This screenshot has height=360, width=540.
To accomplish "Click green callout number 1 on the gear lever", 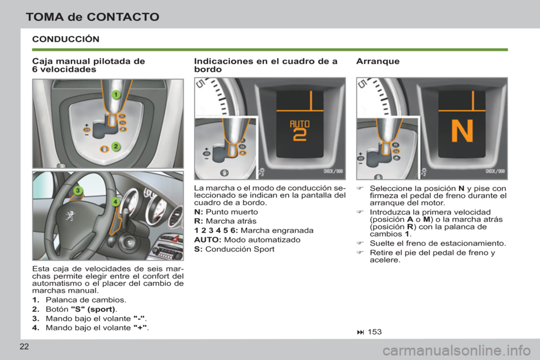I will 115,94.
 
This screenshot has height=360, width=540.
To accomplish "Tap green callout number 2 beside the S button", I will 115,147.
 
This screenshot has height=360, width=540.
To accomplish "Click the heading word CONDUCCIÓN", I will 66,39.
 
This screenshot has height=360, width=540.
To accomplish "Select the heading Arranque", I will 378,61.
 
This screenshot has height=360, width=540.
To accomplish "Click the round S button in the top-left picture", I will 104,148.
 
